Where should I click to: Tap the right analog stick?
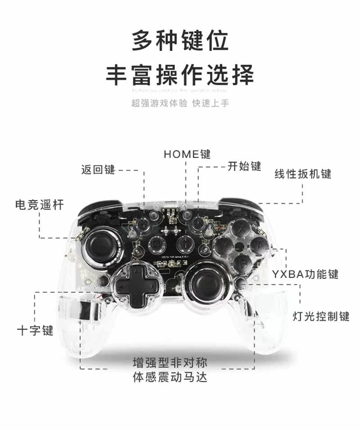(207, 282)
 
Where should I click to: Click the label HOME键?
(187, 154)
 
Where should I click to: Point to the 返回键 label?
(98, 170)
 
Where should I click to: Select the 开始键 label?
(244, 166)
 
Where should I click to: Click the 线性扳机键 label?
(303, 174)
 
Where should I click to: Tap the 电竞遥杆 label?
(40, 205)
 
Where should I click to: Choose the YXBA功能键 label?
(305, 274)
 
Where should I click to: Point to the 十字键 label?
(35, 331)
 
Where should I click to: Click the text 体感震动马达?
(170, 377)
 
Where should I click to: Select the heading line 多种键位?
(180, 41)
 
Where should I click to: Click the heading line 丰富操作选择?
(180, 75)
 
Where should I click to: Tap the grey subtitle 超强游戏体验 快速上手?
(180, 103)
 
